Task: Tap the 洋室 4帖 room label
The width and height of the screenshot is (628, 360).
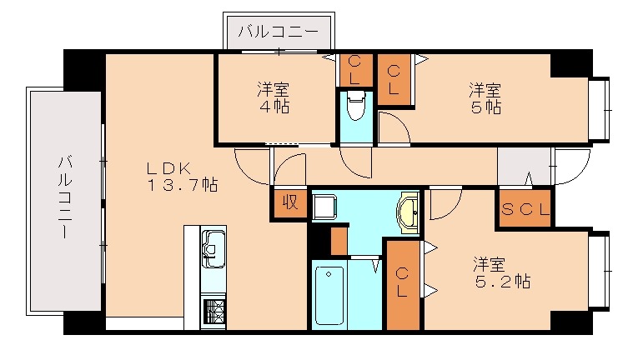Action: click(x=273, y=98)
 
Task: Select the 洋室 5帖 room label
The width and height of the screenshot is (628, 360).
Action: click(x=484, y=98)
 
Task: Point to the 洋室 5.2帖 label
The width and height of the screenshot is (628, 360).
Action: click(x=501, y=272)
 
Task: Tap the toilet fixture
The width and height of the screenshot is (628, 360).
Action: click(x=356, y=106)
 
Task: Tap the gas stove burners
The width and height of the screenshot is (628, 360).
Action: click(x=214, y=311)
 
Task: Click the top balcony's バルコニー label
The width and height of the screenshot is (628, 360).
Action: click(x=278, y=32)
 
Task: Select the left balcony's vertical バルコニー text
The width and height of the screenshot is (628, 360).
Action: click(x=64, y=197)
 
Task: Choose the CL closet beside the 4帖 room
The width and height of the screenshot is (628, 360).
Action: click(x=354, y=69)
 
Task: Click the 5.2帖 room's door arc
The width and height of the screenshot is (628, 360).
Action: click(x=446, y=205)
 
